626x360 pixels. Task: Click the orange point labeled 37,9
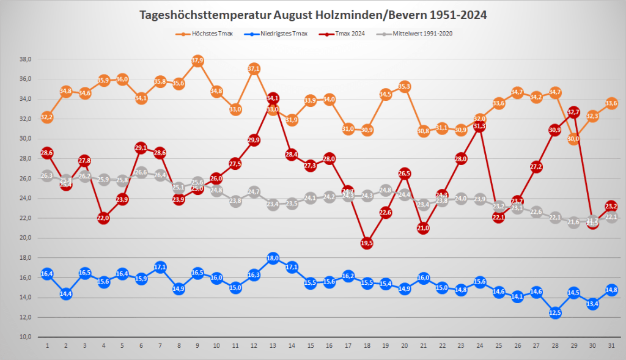click(197, 61)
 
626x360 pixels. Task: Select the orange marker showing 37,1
click(254, 68)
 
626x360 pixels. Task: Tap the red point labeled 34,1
click(273, 98)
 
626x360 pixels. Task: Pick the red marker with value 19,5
click(367, 243)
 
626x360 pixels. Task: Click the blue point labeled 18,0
click(273, 258)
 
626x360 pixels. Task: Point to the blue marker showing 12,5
click(555, 312)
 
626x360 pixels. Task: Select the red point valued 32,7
click(573, 112)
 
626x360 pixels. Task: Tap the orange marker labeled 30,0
click(573, 139)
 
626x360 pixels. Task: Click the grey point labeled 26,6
click(141, 173)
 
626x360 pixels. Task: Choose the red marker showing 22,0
click(103, 218)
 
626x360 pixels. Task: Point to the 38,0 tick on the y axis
click(25, 59)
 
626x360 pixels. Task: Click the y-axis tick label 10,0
click(25, 337)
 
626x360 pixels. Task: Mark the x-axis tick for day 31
click(611, 345)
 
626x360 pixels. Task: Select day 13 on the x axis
click(273, 345)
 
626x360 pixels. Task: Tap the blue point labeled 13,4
click(592, 303)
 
